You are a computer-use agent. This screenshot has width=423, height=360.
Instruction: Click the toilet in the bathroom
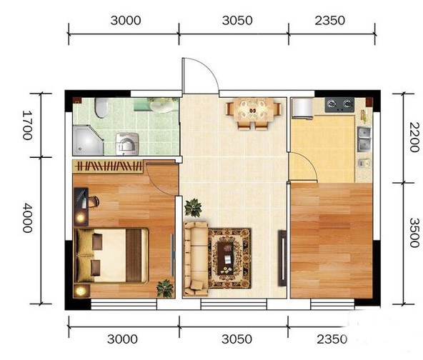[101, 108]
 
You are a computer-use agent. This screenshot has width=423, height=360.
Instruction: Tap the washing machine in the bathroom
[127, 144]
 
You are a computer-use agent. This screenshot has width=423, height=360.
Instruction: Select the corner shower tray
[88, 140]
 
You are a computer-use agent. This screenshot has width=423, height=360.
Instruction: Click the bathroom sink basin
[162, 105]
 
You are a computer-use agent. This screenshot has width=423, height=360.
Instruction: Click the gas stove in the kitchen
[339, 105]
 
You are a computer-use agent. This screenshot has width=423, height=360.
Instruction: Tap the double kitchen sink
[364, 139]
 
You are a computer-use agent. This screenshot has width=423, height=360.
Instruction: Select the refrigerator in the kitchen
[302, 108]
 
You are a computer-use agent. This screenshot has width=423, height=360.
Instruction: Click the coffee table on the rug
[227, 258]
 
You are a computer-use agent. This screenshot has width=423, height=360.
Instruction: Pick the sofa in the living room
[196, 259]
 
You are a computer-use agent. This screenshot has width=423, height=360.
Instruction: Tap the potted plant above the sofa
[193, 208]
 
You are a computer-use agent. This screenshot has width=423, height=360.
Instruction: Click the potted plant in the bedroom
[165, 289]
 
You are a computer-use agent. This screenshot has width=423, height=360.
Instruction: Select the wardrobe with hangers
[109, 166]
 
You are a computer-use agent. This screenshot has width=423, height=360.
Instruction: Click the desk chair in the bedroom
[93, 202]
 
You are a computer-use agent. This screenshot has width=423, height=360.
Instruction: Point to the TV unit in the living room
[282, 258]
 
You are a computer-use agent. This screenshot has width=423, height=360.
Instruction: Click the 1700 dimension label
[27, 125]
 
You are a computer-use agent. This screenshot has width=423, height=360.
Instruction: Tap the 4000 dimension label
[27, 218]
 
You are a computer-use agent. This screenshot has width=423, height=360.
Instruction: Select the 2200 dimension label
[414, 137]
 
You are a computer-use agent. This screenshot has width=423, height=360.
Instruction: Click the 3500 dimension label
[414, 233]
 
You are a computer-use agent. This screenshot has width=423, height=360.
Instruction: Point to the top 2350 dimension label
[329, 21]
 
